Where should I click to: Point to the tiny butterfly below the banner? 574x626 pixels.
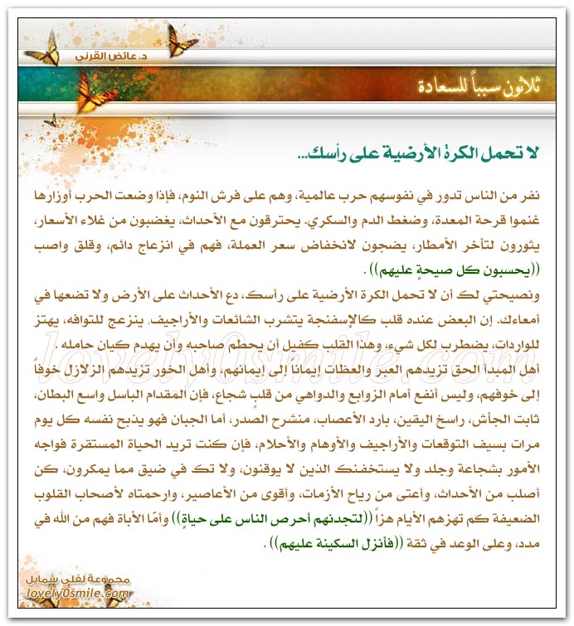point(51,121)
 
